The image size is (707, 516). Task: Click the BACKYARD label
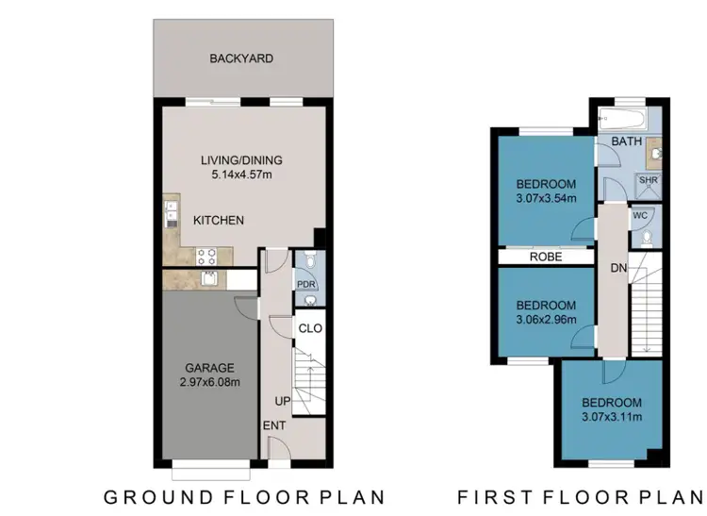pos(241,58)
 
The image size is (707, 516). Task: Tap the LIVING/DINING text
pos(241,159)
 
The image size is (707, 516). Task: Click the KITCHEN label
pos(219,221)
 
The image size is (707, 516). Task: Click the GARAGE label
pos(210,368)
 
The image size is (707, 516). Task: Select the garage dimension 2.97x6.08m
pos(210,382)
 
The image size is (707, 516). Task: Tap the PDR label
pos(304,282)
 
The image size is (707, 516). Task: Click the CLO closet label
pos(310,328)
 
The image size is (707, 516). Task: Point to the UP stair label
pos(282,401)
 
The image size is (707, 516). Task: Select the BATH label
pos(627,141)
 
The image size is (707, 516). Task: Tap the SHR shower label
pos(649,179)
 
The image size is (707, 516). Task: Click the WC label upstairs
pos(639,215)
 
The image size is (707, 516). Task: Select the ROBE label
pos(546,256)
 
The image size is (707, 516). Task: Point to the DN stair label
pos(618,269)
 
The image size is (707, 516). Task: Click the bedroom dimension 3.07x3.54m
pos(546,198)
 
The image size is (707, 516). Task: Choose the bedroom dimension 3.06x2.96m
pos(546,319)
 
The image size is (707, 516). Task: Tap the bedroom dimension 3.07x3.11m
pos(612,416)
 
